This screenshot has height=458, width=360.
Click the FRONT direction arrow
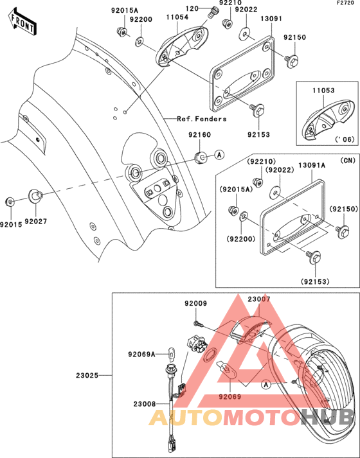(x=22, y=22)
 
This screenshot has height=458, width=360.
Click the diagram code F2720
(x=347, y=3)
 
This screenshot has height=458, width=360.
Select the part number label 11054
(x=177, y=17)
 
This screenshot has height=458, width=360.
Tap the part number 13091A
(x=312, y=166)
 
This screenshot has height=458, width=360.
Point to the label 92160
(x=199, y=135)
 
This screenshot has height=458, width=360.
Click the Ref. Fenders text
(x=202, y=119)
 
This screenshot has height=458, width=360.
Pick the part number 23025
(x=87, y=375)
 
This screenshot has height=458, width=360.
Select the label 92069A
(x=141, y=355)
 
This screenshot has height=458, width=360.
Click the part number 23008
(x=145, y=404)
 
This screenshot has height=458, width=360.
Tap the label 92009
(x=195, y=303)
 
